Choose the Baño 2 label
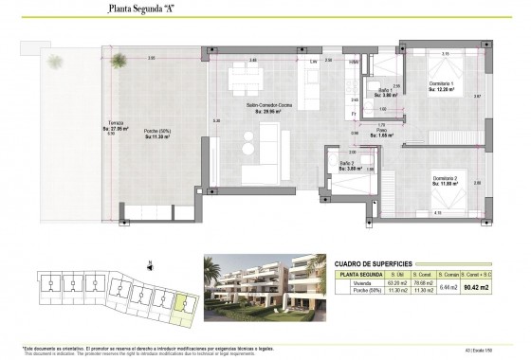pyautogui.click(x=347, y=166)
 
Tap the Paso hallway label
pyautogui.click(x=385, y=133)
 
